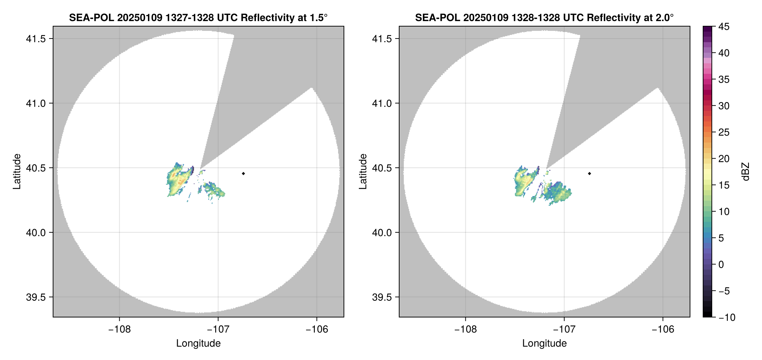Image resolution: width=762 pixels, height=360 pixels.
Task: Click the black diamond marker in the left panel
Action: pyautogui.click(x=243, y=173)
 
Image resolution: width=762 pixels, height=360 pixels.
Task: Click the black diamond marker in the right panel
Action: pyautogui.click(x=589, y=173)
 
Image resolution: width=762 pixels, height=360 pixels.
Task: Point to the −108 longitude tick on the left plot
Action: pyautogui.click(x=119, y=329)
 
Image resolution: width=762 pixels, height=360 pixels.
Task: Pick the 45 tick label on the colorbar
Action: pyautogui.click(x=724, y=27)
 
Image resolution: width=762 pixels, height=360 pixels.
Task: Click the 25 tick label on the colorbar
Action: pyautogui.click(x=724, y=132)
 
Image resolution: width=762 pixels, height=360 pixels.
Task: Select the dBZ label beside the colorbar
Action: pyautogui.click(x=746, y=172)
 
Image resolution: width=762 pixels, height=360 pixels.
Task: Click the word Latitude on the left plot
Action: pyautogui.click(x=17, y=171)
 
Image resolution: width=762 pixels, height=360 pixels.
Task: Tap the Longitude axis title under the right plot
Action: pyautogui.click(x=544, y=343)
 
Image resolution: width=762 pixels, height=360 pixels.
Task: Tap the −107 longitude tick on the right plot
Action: pyautogui.click(x=564, y=329)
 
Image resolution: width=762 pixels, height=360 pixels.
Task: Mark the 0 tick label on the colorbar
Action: pyautogui.click(x=721, y=265)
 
